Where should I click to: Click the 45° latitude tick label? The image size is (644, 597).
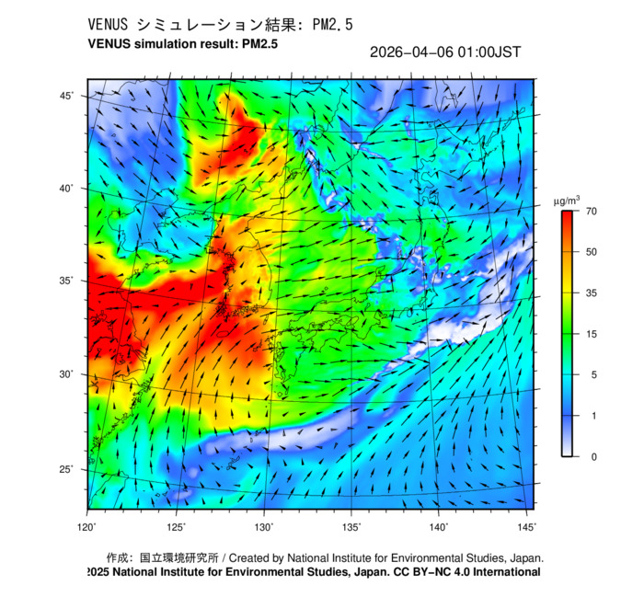67,96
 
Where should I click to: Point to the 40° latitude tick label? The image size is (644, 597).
67,189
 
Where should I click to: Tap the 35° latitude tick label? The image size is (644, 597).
67,281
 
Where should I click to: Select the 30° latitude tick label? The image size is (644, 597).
67,375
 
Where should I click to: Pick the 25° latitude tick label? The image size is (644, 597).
67,470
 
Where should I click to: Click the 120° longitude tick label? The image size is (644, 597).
87,527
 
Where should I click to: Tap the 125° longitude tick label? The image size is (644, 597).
177,527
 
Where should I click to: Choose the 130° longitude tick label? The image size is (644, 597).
264,527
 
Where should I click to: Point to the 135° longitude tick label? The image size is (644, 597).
351,527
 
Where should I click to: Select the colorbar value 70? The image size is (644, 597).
592,212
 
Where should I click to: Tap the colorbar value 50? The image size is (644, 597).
592,251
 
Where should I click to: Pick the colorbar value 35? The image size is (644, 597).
592,293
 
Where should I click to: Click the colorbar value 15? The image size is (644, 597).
592,334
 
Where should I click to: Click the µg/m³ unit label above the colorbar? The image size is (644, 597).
566,200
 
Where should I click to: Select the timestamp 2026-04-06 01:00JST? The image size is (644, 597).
444,52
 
